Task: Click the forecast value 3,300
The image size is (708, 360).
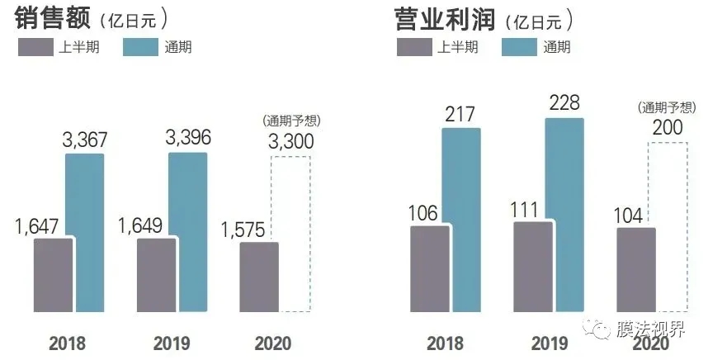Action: coord(290,141)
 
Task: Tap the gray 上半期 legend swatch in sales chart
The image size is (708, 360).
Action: coord(38,47)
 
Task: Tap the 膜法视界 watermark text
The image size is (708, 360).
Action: coord(655,331)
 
